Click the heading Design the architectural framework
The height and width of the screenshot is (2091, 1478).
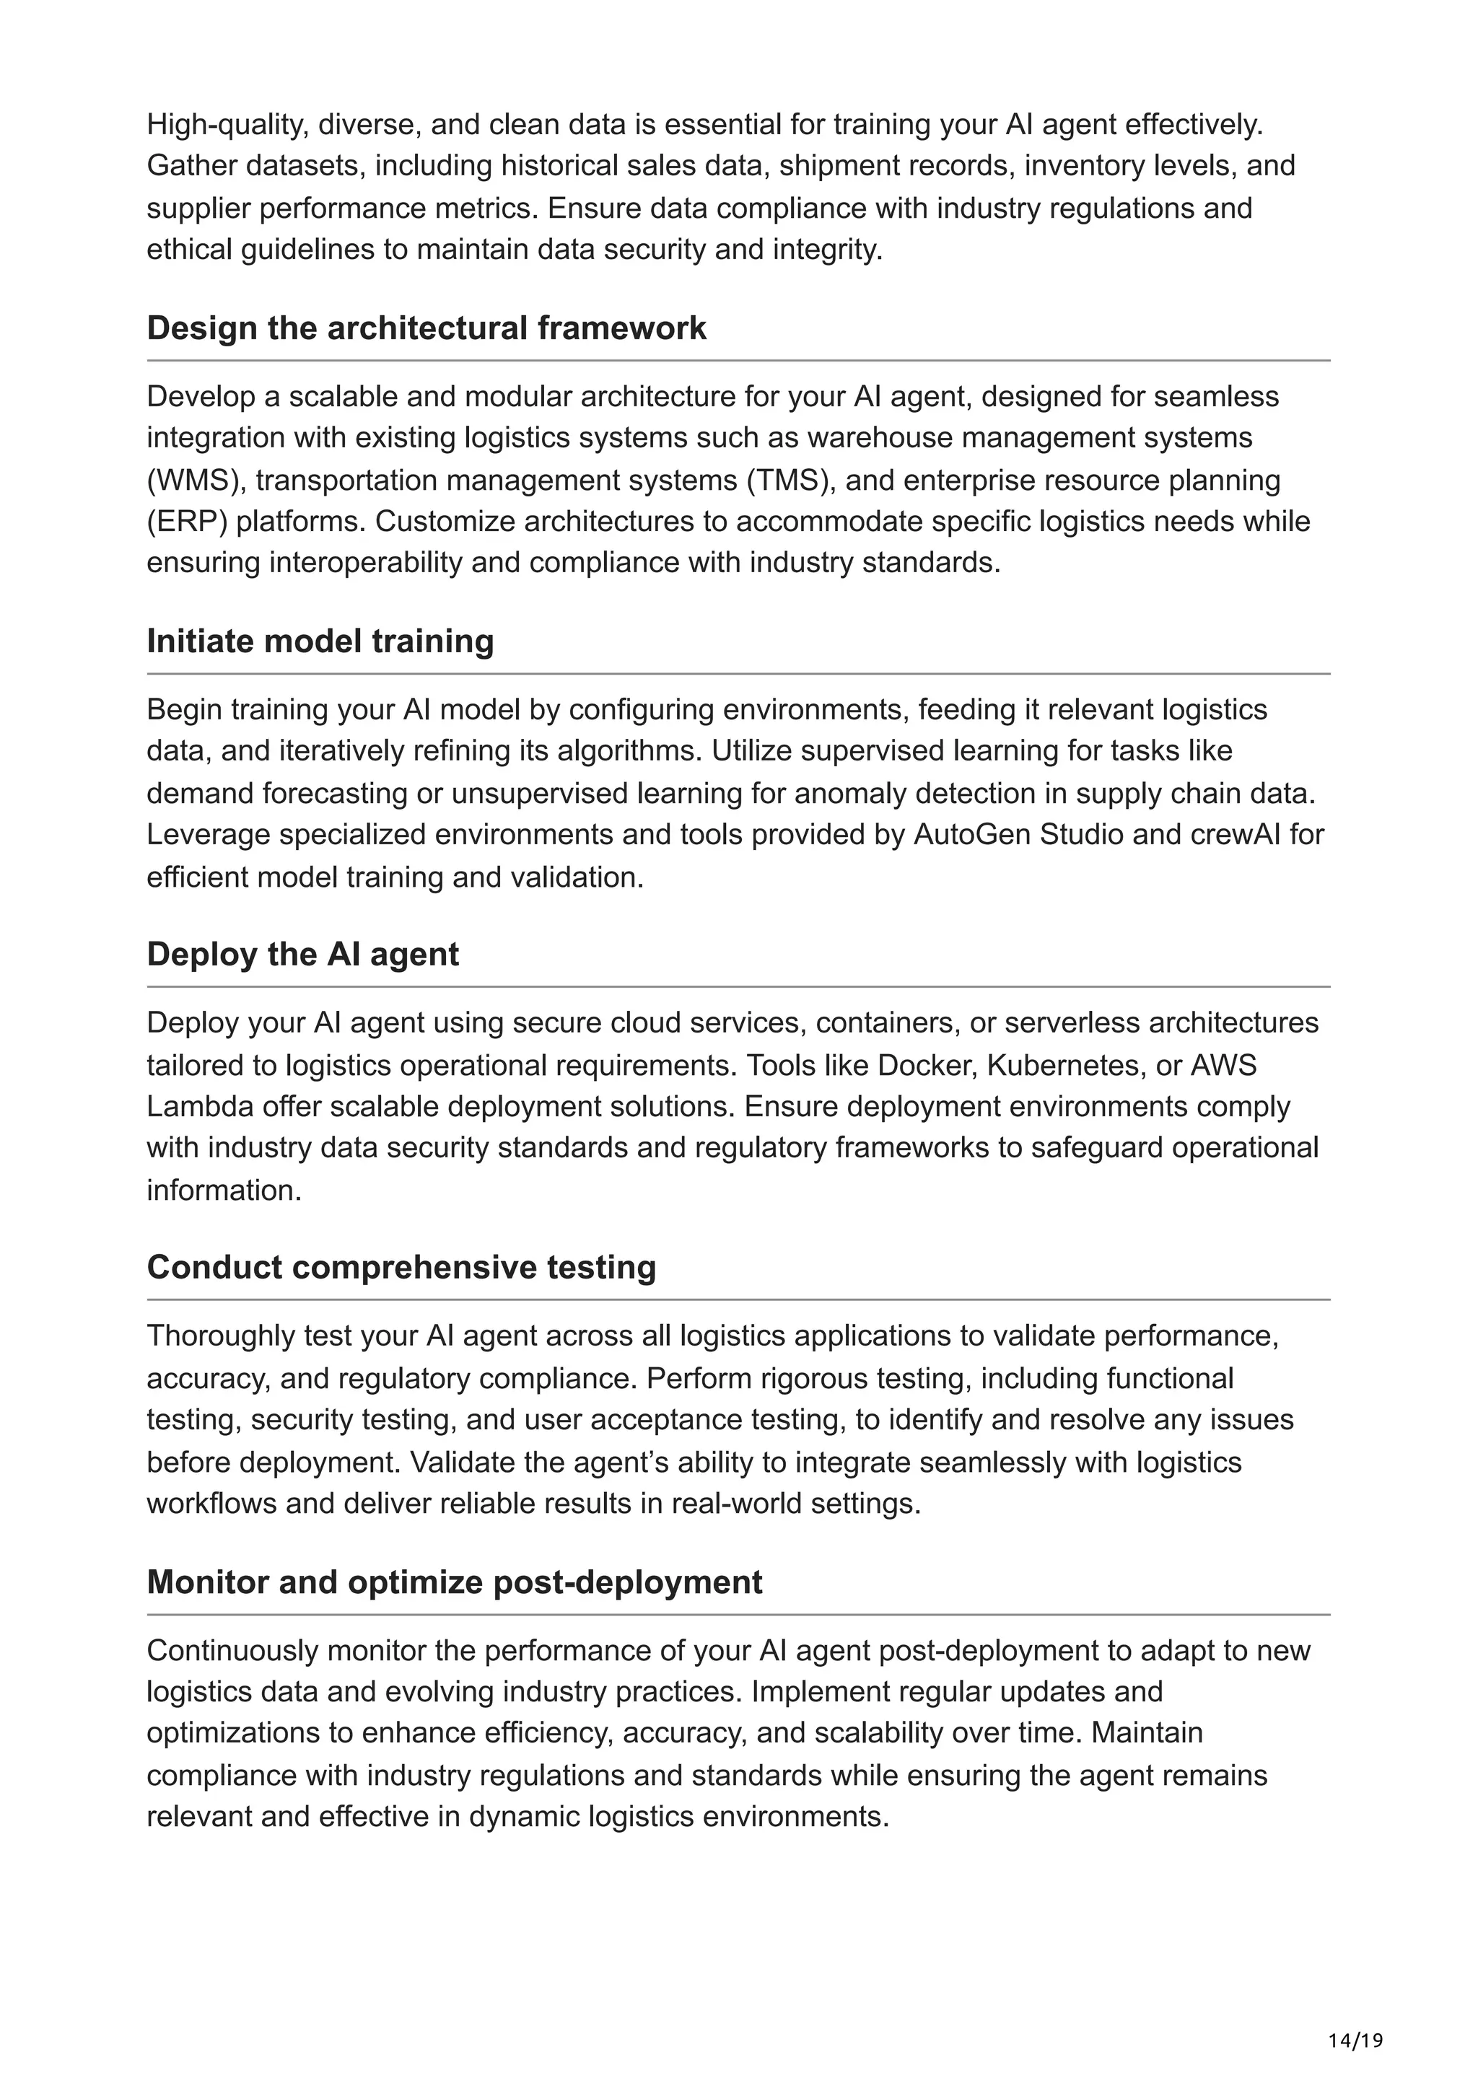[427, 328]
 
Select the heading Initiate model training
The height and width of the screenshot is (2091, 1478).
[320, 641]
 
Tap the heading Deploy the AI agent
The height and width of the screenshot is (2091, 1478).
[302, 954]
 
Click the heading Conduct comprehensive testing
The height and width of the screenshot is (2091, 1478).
[401, 1267]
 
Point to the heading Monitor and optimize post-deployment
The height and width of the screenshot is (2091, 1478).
[455, 1582]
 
